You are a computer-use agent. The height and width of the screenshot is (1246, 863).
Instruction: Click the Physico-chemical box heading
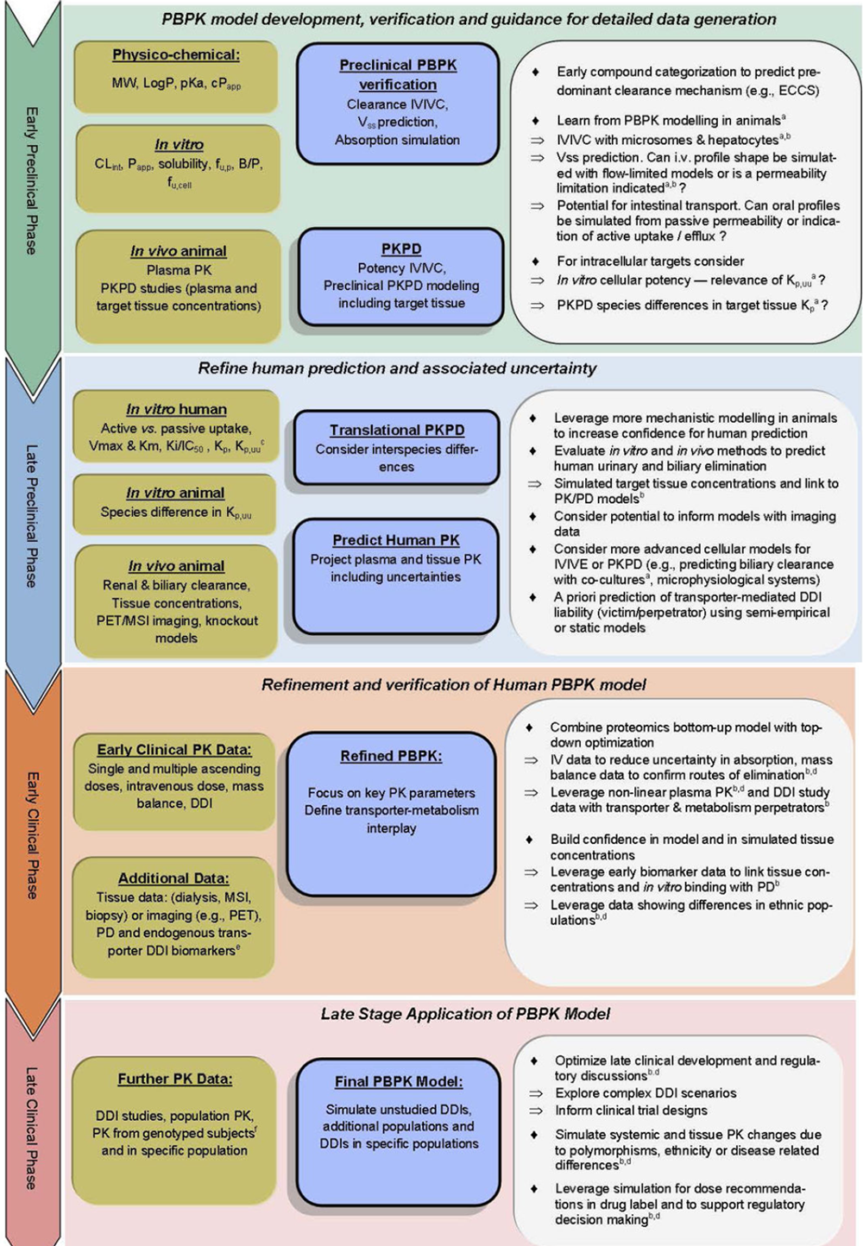[x=176, y=55]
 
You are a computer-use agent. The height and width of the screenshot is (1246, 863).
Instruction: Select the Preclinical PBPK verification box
[x=398, y=103]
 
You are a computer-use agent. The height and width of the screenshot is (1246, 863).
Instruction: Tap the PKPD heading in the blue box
[x=401, y=249]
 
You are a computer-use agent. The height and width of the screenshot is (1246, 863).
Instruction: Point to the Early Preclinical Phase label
[x=32, y=180]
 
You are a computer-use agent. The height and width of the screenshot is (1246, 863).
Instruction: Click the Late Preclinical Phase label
[x=32, y=515]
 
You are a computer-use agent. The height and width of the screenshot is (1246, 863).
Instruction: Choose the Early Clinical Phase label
[x=32, y=834]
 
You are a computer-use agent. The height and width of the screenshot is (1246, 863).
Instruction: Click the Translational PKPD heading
[x=397, y=430]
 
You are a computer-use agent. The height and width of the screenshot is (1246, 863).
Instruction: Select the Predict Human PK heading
[x=396, y=540]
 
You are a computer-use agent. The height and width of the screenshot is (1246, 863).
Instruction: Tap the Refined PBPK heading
[x=391, y=756]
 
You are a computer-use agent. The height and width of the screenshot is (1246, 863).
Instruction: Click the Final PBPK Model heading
[x=399, y=1081]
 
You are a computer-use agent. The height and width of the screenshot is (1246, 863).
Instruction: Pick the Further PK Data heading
[x=175, y=1079]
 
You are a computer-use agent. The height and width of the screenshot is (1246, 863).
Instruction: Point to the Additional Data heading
[x=173, y=878]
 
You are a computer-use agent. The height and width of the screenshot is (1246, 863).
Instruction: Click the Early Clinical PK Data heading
[x=174, y=750]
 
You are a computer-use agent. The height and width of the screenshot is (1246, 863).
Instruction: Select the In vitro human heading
[x=177, y=409]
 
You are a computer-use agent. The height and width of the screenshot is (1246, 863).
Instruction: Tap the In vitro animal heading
[x=175, y=493]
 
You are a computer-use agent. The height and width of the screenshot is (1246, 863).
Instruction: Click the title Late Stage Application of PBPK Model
[x=465, y=1014]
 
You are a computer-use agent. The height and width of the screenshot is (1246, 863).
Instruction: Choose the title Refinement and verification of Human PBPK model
[x=454, y=685]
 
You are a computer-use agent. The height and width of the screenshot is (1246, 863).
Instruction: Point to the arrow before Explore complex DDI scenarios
[x=535, y=1093]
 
